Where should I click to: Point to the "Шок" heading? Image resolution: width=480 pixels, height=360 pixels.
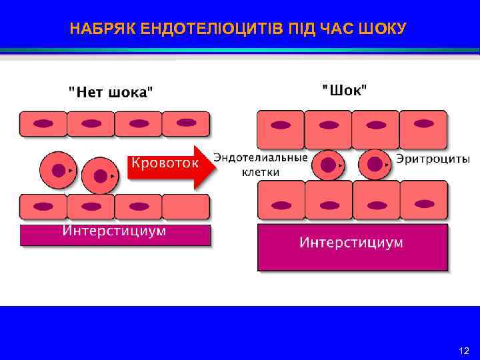(344, 89)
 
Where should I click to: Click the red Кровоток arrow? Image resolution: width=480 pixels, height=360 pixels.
(169, 165)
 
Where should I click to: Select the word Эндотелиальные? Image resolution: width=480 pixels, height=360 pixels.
(261, 157)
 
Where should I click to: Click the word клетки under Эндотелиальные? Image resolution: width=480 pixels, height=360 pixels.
(261, 171)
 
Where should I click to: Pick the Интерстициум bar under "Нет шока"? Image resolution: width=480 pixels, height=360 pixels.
(115, 234)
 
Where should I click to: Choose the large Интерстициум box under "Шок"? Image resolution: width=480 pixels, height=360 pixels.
(352, 246)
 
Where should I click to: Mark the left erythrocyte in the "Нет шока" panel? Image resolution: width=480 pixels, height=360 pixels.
(58, 169)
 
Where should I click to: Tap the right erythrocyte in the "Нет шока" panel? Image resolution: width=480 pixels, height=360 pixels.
(100, 175)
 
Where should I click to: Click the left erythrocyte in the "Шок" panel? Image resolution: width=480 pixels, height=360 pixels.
(329, 164)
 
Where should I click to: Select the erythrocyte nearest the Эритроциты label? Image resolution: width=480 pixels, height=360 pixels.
(375, 164)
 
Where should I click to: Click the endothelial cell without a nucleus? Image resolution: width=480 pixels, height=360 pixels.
(185, 207)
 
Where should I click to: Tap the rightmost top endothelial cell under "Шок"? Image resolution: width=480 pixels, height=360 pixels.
(423, 129)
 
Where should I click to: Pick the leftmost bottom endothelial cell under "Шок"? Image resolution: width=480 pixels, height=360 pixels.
(281, 200)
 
